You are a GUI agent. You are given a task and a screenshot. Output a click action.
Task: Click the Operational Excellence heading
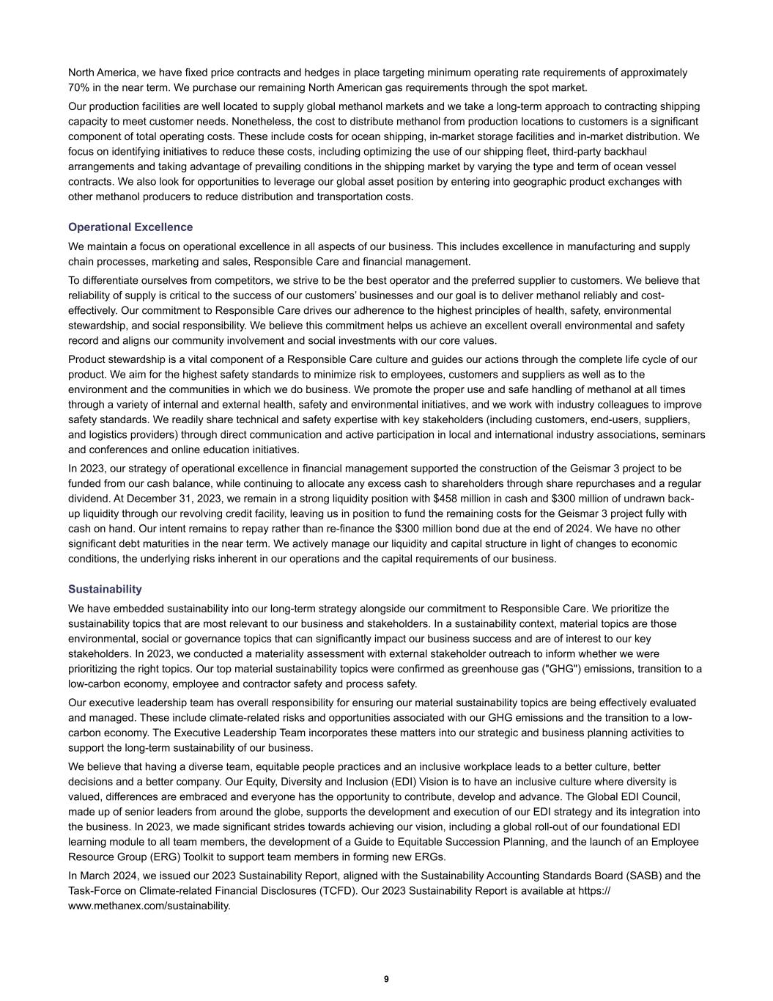point(130,227)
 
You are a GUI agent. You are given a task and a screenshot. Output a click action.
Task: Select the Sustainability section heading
point(105,590)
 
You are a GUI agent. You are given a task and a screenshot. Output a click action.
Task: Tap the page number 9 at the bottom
point(386,979)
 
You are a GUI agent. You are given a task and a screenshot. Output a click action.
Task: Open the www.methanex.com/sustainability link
point(149,906)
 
